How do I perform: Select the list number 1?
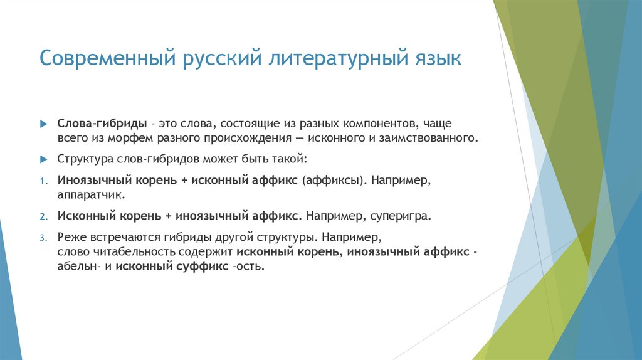pyautogui.click(x=42, y=181)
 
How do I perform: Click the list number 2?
pyautogui.click(x=43, y=216)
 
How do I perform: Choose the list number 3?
pyautogui.click(x=43, y=238)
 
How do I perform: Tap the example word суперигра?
pyautogui.click(x=401, y=216)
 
